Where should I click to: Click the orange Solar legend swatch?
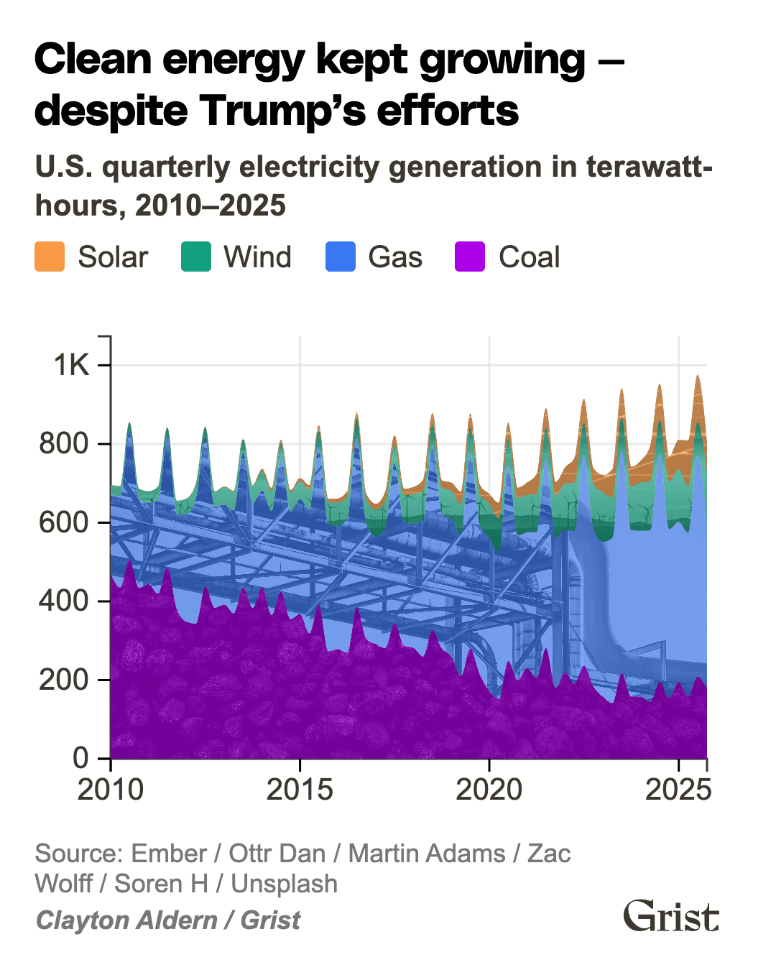[x=50, y=257]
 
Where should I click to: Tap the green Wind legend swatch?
[x=195, y=257]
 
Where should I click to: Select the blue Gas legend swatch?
[x=340, y=257]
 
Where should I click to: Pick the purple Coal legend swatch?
[x=471, y=257]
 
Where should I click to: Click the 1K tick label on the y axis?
[x=71, y=365]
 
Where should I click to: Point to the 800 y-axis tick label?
[x=64, y=443]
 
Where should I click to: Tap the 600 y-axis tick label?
[x=64, y=522]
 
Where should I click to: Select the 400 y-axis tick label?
[x=64, y=601]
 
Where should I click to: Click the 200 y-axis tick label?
[x=64, y=680]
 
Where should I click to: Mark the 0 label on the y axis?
[x=80, y=758]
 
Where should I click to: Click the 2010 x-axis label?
[x=111, y=790]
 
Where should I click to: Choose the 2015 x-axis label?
[x=300, y=790]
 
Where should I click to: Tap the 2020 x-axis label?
[x=489, y=790]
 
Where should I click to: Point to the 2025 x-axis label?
[x=678, y=790]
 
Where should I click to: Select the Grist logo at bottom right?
[x=670, y=916]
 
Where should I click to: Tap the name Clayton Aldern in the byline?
[x=126, y=920]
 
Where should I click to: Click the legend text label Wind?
[x=257, y=257]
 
